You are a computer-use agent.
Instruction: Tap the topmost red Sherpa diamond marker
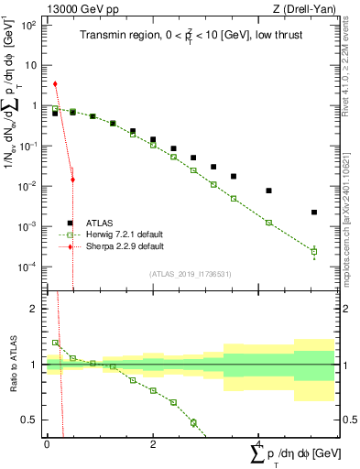(x=56, y=83)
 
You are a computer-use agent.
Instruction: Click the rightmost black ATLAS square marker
(x=314, y=213)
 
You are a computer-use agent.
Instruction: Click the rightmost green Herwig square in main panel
(x=314, y=251)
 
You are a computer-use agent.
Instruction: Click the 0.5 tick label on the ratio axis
(x=30, y=420)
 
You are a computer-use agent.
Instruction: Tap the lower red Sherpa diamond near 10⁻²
(x=72, y=180)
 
